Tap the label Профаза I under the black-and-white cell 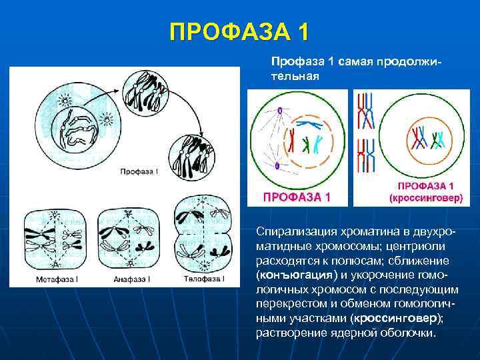tap(139, 172)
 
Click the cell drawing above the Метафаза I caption tap(52, 240)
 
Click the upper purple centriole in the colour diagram tap(281, 111)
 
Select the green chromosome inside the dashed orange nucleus tap(306, 143)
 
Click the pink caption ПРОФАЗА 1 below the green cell tap(297, 197)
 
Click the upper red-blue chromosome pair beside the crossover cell tap(366, 110)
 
